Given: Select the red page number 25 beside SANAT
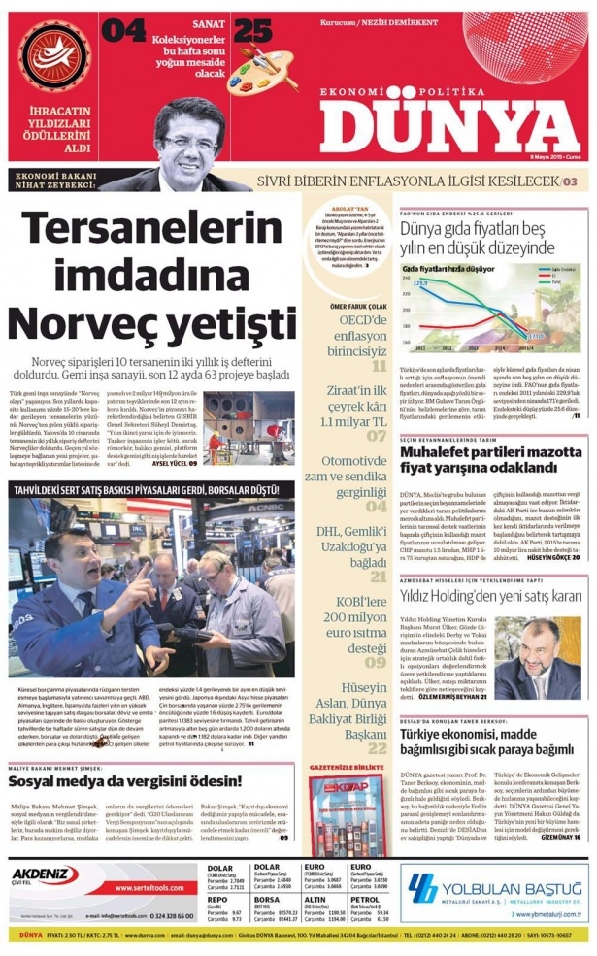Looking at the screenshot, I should tap(251, 31).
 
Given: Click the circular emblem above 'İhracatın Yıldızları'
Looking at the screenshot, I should tap(52, 56).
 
